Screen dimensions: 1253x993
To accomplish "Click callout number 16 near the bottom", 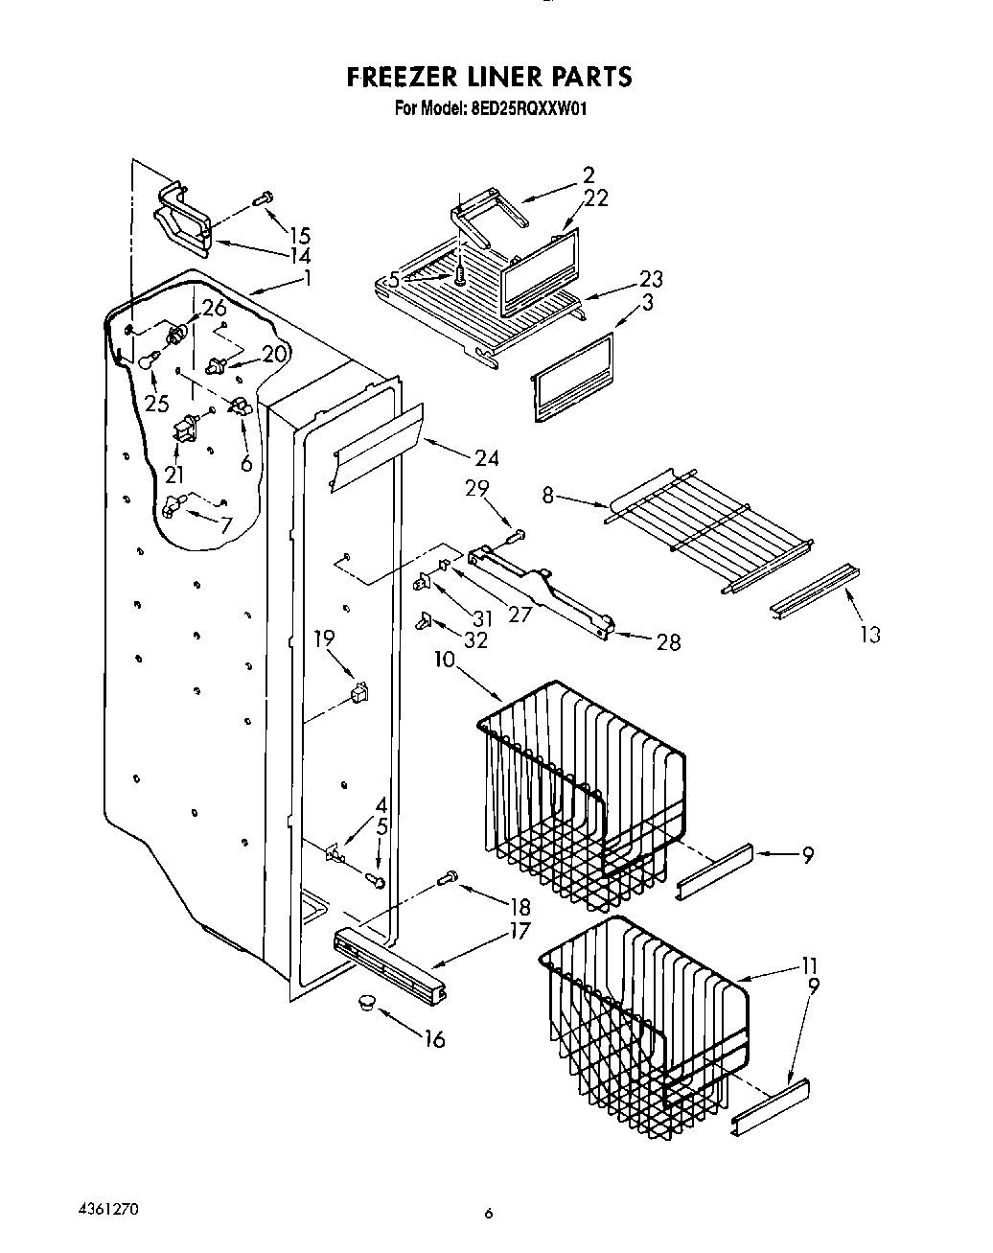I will [434, 1039].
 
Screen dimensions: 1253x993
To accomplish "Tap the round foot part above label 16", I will [365, 1002].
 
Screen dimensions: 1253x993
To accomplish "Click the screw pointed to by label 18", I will [446, 876].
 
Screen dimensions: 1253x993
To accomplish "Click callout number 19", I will [324, 637].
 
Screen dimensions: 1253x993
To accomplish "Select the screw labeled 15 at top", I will [263, 198].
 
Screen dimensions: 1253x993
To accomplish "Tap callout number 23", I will [652, 280].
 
